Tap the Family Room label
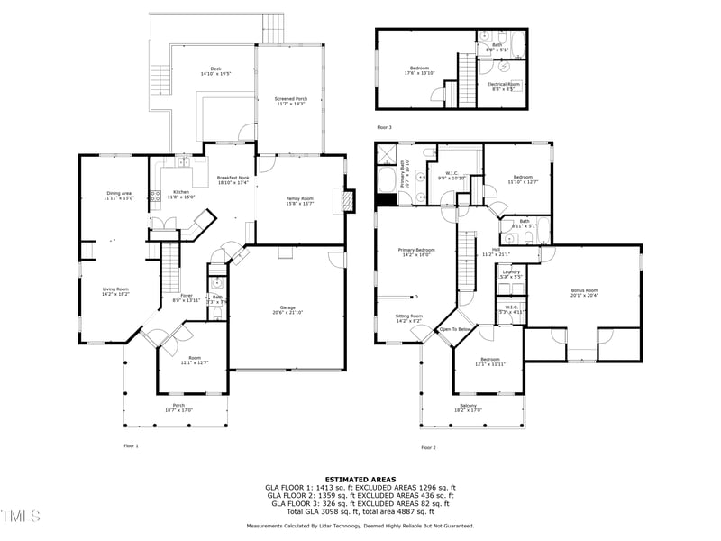[300, 200]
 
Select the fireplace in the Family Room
[343, 200]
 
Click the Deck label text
[215, 69]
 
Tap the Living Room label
[115, 291]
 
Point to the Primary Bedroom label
[418, 252]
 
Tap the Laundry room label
[511, 273]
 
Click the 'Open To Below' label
[456, 329]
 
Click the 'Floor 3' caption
[386, 128]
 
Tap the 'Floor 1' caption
[131, 445]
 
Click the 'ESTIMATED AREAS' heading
[360, 480]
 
